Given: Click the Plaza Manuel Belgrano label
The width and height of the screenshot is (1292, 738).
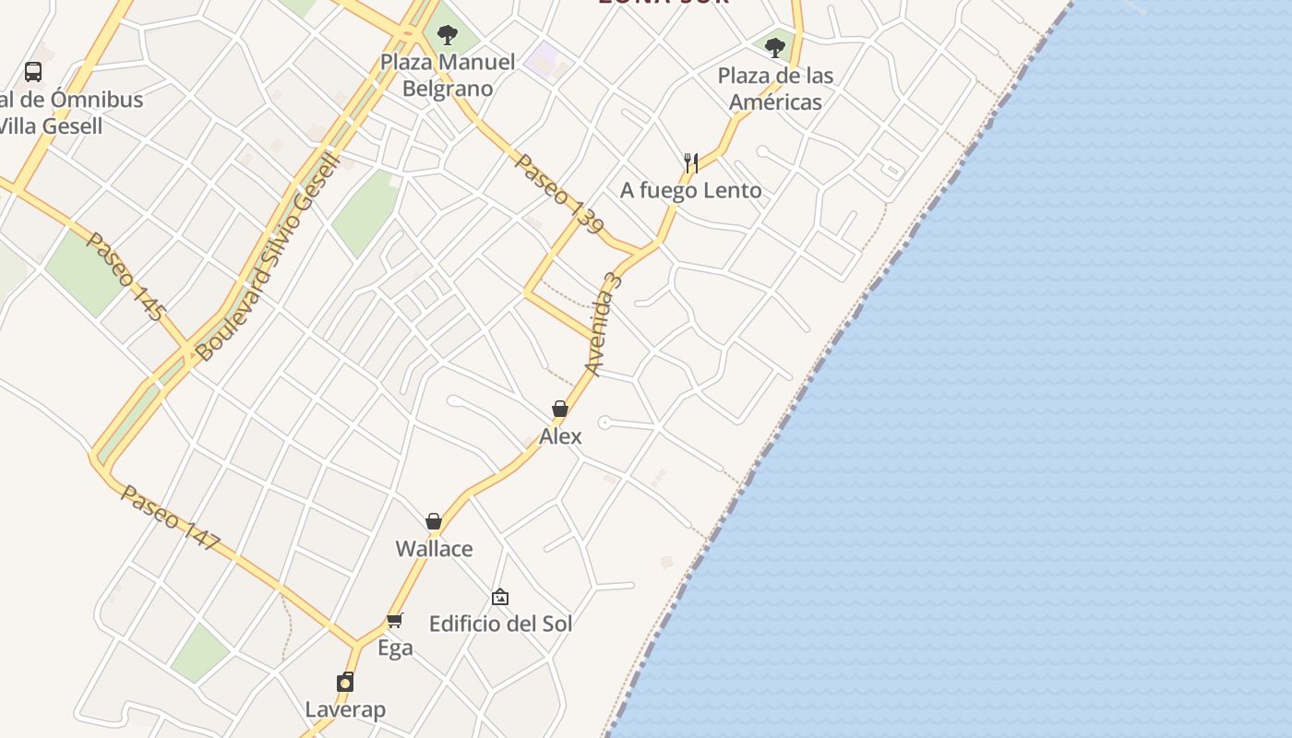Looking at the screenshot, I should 448,76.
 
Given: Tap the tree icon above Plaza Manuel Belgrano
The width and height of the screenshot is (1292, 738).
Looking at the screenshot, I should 448,36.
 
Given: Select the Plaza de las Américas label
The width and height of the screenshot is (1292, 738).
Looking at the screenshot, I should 775,89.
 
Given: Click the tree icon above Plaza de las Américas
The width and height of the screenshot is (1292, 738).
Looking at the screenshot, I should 775,47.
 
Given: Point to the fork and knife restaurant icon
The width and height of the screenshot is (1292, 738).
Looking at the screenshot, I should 690,163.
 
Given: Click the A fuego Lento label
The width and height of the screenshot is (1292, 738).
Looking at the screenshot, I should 691,191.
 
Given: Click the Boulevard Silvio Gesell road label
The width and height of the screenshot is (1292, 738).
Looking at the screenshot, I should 269,257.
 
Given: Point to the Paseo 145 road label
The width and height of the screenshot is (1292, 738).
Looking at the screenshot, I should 124,276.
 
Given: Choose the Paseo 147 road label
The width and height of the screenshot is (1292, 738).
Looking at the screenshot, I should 170,518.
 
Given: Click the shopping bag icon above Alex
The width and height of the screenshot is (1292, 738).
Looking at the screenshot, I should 559,409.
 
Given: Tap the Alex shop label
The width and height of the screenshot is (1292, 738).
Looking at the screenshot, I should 560,436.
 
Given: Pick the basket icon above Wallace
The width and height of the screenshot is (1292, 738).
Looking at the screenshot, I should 434,522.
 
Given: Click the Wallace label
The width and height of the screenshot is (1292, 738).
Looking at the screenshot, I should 434,549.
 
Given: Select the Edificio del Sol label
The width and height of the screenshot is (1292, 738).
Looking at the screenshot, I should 500,624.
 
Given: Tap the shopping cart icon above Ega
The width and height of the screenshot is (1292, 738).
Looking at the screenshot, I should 395,620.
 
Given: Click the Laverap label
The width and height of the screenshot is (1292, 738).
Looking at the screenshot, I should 345,709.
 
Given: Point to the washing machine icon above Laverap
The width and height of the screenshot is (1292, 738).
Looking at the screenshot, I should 345,683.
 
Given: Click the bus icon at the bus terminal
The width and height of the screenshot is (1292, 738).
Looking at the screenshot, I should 33,72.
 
